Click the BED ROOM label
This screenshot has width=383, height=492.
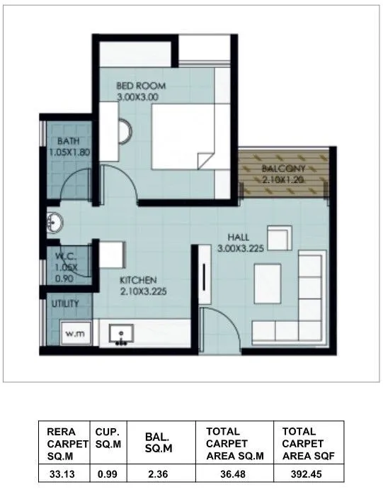coord(141,86)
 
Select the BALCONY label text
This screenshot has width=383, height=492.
coord(282,169)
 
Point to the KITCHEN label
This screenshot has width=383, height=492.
coord(137,279)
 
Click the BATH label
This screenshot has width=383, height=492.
coord(69,140)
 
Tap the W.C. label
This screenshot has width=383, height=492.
coord(65,258)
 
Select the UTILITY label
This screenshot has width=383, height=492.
coord(64,303)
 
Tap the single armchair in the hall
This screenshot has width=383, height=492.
coord(278,237)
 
